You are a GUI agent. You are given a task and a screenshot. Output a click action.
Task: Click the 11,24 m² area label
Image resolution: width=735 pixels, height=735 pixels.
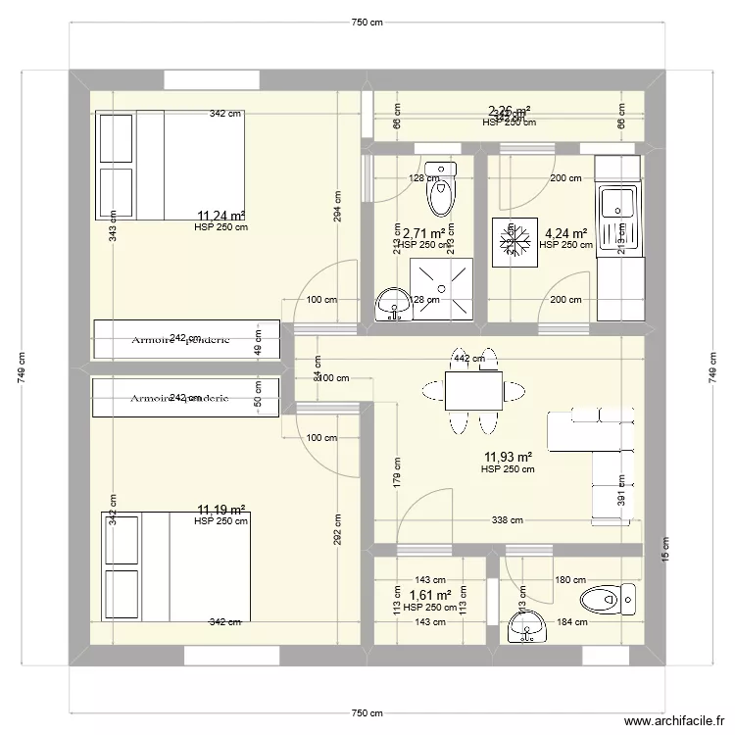(220, 217)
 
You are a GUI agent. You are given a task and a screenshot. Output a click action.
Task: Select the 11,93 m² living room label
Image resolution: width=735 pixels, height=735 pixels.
(508, 457)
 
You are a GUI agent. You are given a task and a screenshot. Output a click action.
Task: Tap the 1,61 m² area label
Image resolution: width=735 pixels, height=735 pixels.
(429, 595)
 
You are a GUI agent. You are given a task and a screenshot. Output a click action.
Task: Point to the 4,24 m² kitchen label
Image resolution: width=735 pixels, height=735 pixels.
(565, 233)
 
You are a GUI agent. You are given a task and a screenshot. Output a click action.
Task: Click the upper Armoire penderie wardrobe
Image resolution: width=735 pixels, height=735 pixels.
(186, 340)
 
